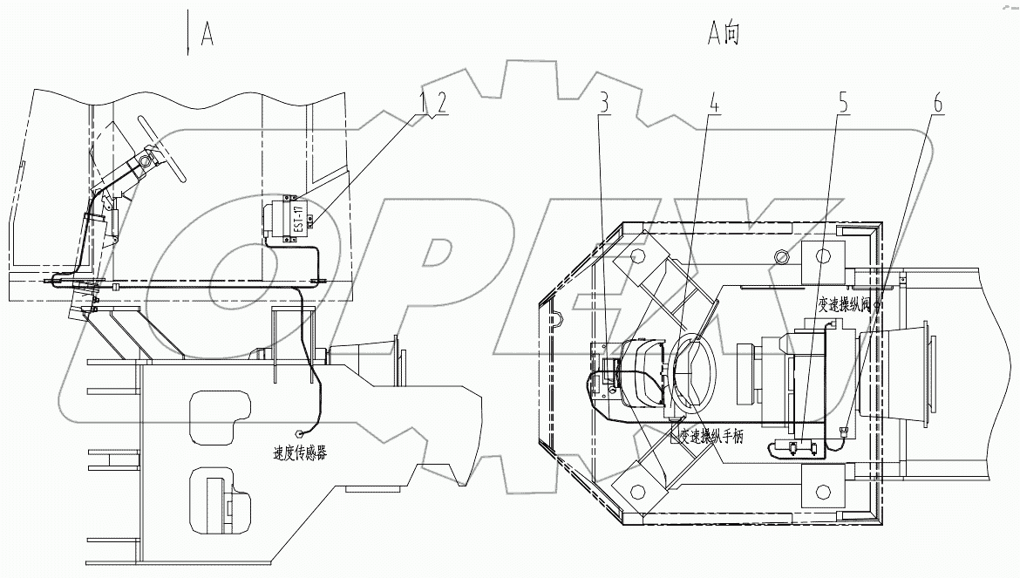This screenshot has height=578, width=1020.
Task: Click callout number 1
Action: pos(425,102)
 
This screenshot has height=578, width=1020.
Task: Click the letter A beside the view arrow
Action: pos(207,34)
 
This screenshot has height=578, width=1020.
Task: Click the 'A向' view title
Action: pos(722,34)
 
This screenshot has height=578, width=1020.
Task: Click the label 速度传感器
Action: pos(302,453)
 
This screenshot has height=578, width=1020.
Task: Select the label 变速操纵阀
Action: pos(844,304)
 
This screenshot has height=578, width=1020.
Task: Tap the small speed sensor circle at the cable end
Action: pos(300,432)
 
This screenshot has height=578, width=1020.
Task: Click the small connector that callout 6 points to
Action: pos(844,430)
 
